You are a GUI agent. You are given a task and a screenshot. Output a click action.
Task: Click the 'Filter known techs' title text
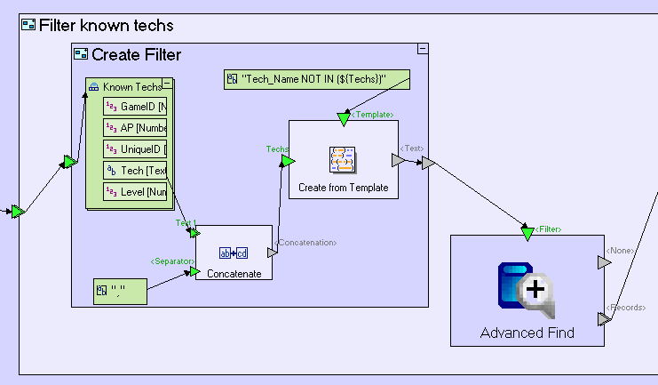pyautogui.click(x=107, y=25)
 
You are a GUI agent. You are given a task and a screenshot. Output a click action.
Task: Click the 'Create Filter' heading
pyautogui.click(x=136, y=54)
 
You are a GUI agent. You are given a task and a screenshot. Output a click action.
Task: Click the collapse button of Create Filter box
pyautogui.click(x=423, y=48)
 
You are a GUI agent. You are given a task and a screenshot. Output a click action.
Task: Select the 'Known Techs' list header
pyautogui.click(x=131, y=87)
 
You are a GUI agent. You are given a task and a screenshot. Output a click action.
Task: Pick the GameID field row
pyautogui.click(x=136, y=107)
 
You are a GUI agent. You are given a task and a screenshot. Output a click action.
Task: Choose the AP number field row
pyautogui.click(x=136, y=127)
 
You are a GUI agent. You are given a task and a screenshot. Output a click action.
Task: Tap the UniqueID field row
pyautogui.click(x=136, y=148)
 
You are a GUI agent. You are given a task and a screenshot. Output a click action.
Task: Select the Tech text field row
pyautogui.click(x=136, y=170)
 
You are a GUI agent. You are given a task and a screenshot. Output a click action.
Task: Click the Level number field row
pyautogui.click(x=136, y=191)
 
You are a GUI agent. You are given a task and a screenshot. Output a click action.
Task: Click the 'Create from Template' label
pyautogui.click(x=343, y=188)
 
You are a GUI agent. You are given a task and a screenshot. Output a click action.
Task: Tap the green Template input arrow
pyautogui.click(x=343, y=119)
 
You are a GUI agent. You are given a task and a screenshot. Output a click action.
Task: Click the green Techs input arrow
pyautogui.click(x=287, y=161)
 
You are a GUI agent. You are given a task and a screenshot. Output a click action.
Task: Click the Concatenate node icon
pyautogui.click(x=234, y=253)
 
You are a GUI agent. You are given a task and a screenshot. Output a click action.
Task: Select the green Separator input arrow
pyautogui.click(x=194, y=271)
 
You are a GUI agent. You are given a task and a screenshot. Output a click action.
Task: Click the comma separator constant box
pyautogui.click(x=120, y=291)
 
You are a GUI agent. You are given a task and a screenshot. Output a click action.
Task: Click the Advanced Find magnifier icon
pyautogui.click(x=527, y=290)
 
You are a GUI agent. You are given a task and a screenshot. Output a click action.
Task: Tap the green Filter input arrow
pyautogui.click(x=527, y=234)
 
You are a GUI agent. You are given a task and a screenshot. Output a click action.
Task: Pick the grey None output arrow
pyautogui.click(x=604, y=262)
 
